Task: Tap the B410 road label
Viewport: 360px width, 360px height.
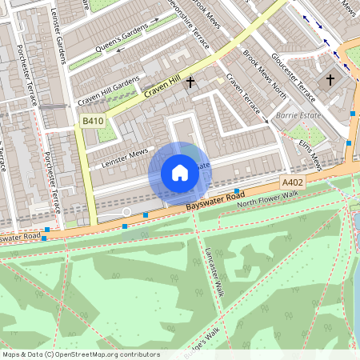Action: point(93,121)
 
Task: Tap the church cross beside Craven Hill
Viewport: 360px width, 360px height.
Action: point(190,82)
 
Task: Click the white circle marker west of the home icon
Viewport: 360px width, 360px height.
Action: point(126,212)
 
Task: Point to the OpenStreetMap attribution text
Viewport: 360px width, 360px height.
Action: point(80,354)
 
